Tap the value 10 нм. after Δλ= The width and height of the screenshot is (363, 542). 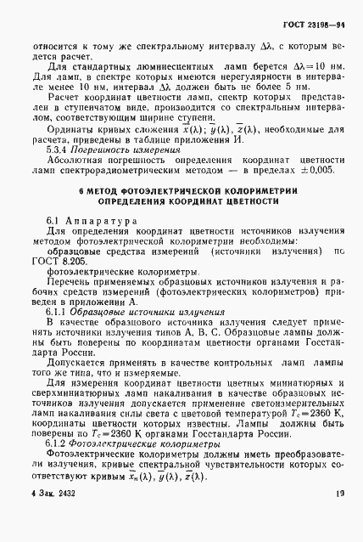coord(321,65)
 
